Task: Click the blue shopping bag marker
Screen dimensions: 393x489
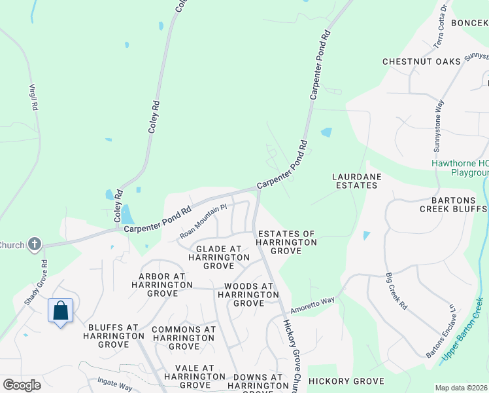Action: pos(60,310)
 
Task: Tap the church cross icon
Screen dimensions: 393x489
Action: pos(35,245)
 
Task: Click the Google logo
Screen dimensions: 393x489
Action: pos(22,385)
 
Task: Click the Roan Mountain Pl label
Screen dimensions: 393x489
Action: pos(203,220)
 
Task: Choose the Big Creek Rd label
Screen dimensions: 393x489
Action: pos(396,291)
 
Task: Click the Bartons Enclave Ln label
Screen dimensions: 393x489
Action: pos(441,331)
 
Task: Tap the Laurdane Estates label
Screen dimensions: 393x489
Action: pos(356,181)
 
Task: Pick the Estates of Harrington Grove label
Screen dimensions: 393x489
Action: pos(287,238)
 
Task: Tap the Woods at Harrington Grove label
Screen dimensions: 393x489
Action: pos(248,295)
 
